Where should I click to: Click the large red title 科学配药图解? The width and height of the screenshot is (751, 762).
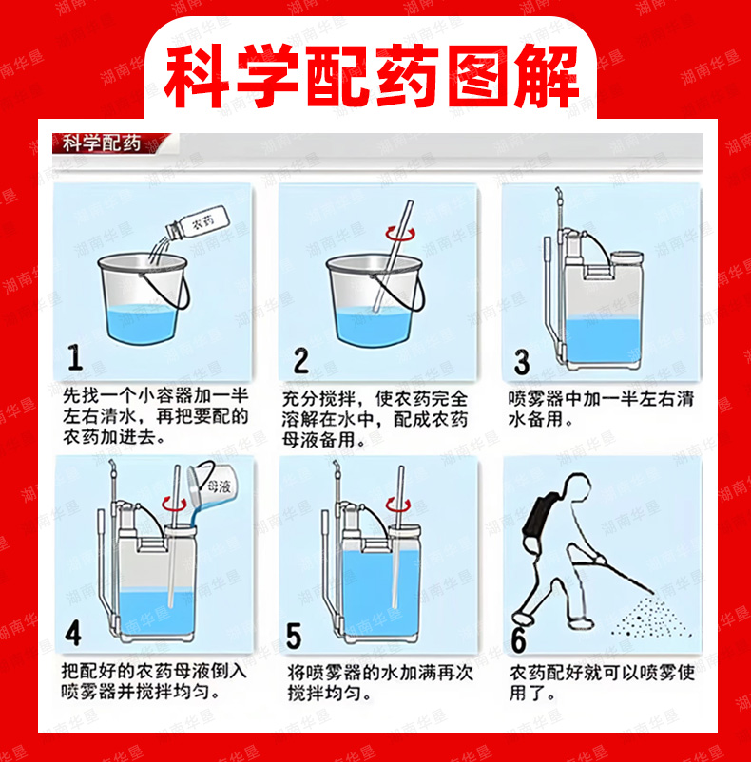[372, 76]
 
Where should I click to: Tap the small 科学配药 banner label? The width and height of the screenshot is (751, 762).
[102, 143]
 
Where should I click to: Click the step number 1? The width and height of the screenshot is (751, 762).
[75, 357]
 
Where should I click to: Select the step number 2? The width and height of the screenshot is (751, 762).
[301, 361]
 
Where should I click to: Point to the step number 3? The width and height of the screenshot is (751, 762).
[522, 363]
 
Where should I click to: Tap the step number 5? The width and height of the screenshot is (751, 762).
[294, 637]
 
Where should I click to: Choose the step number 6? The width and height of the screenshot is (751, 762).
[519, 639]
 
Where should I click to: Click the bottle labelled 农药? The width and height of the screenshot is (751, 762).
[198, 223]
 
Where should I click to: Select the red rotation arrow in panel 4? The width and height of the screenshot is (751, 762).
[174, 504]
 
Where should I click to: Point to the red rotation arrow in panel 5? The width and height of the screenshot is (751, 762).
[398, 504]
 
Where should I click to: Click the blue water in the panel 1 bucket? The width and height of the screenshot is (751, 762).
[141, 323]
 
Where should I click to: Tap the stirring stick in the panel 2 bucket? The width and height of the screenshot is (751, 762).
[392, 257]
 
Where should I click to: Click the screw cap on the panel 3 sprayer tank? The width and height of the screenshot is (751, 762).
[626, 257]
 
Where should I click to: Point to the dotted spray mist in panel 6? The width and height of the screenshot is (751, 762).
[651, 616]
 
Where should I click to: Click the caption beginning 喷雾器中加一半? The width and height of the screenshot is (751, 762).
[601, 409]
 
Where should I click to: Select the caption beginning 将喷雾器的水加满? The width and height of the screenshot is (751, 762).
[379, 683]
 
